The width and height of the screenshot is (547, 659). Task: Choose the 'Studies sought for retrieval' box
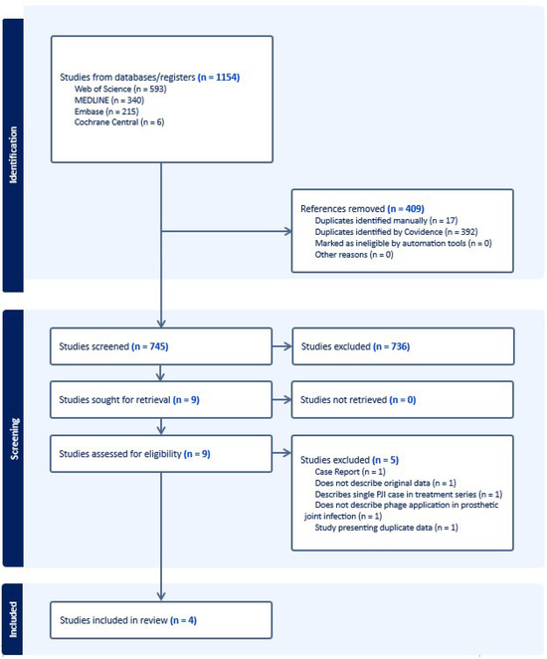(x=160, y=399)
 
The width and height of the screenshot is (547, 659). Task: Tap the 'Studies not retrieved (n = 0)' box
(x=402, y=399)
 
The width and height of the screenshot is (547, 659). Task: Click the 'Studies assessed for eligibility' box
(x=160, y=454)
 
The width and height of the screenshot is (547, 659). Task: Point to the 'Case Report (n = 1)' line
(x=354, y=472)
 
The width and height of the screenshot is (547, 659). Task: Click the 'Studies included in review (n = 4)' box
(x=160, y=619)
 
